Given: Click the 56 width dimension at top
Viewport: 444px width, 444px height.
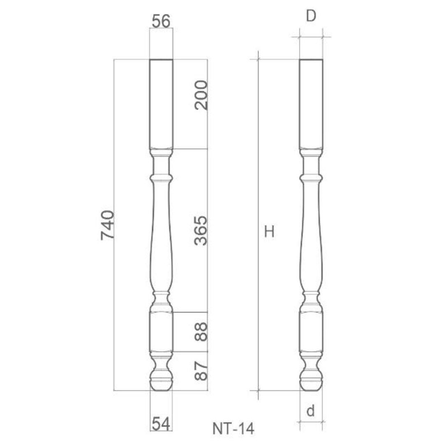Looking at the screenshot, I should tap(161, 21).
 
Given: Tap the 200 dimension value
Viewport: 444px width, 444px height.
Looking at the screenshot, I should tap(201, 95).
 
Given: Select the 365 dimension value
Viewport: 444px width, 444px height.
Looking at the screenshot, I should tap(201, 230).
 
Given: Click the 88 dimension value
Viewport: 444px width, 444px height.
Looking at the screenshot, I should tap(201, 331).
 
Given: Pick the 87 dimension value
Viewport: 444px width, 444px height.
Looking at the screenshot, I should tap(201, 370).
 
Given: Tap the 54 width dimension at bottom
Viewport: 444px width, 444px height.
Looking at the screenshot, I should tap(161, 423).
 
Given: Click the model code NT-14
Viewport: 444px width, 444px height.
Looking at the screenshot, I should tap(234, 428).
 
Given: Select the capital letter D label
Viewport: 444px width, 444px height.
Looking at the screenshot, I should tap(311, 16).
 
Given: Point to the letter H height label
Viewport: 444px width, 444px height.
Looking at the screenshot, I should tap(269, 232).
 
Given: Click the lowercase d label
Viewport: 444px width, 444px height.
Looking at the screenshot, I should tap(311, 411).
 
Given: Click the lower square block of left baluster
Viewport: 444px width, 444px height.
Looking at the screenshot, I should tap(161, 331).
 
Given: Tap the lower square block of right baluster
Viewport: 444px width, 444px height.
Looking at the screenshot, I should tap(311, 331).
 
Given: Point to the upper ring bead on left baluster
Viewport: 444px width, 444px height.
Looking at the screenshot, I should tap(161, 178).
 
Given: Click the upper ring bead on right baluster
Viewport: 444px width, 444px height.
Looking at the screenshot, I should tap(311, 178).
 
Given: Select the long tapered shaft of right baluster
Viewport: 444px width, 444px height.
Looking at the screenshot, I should tap(311, 238).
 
